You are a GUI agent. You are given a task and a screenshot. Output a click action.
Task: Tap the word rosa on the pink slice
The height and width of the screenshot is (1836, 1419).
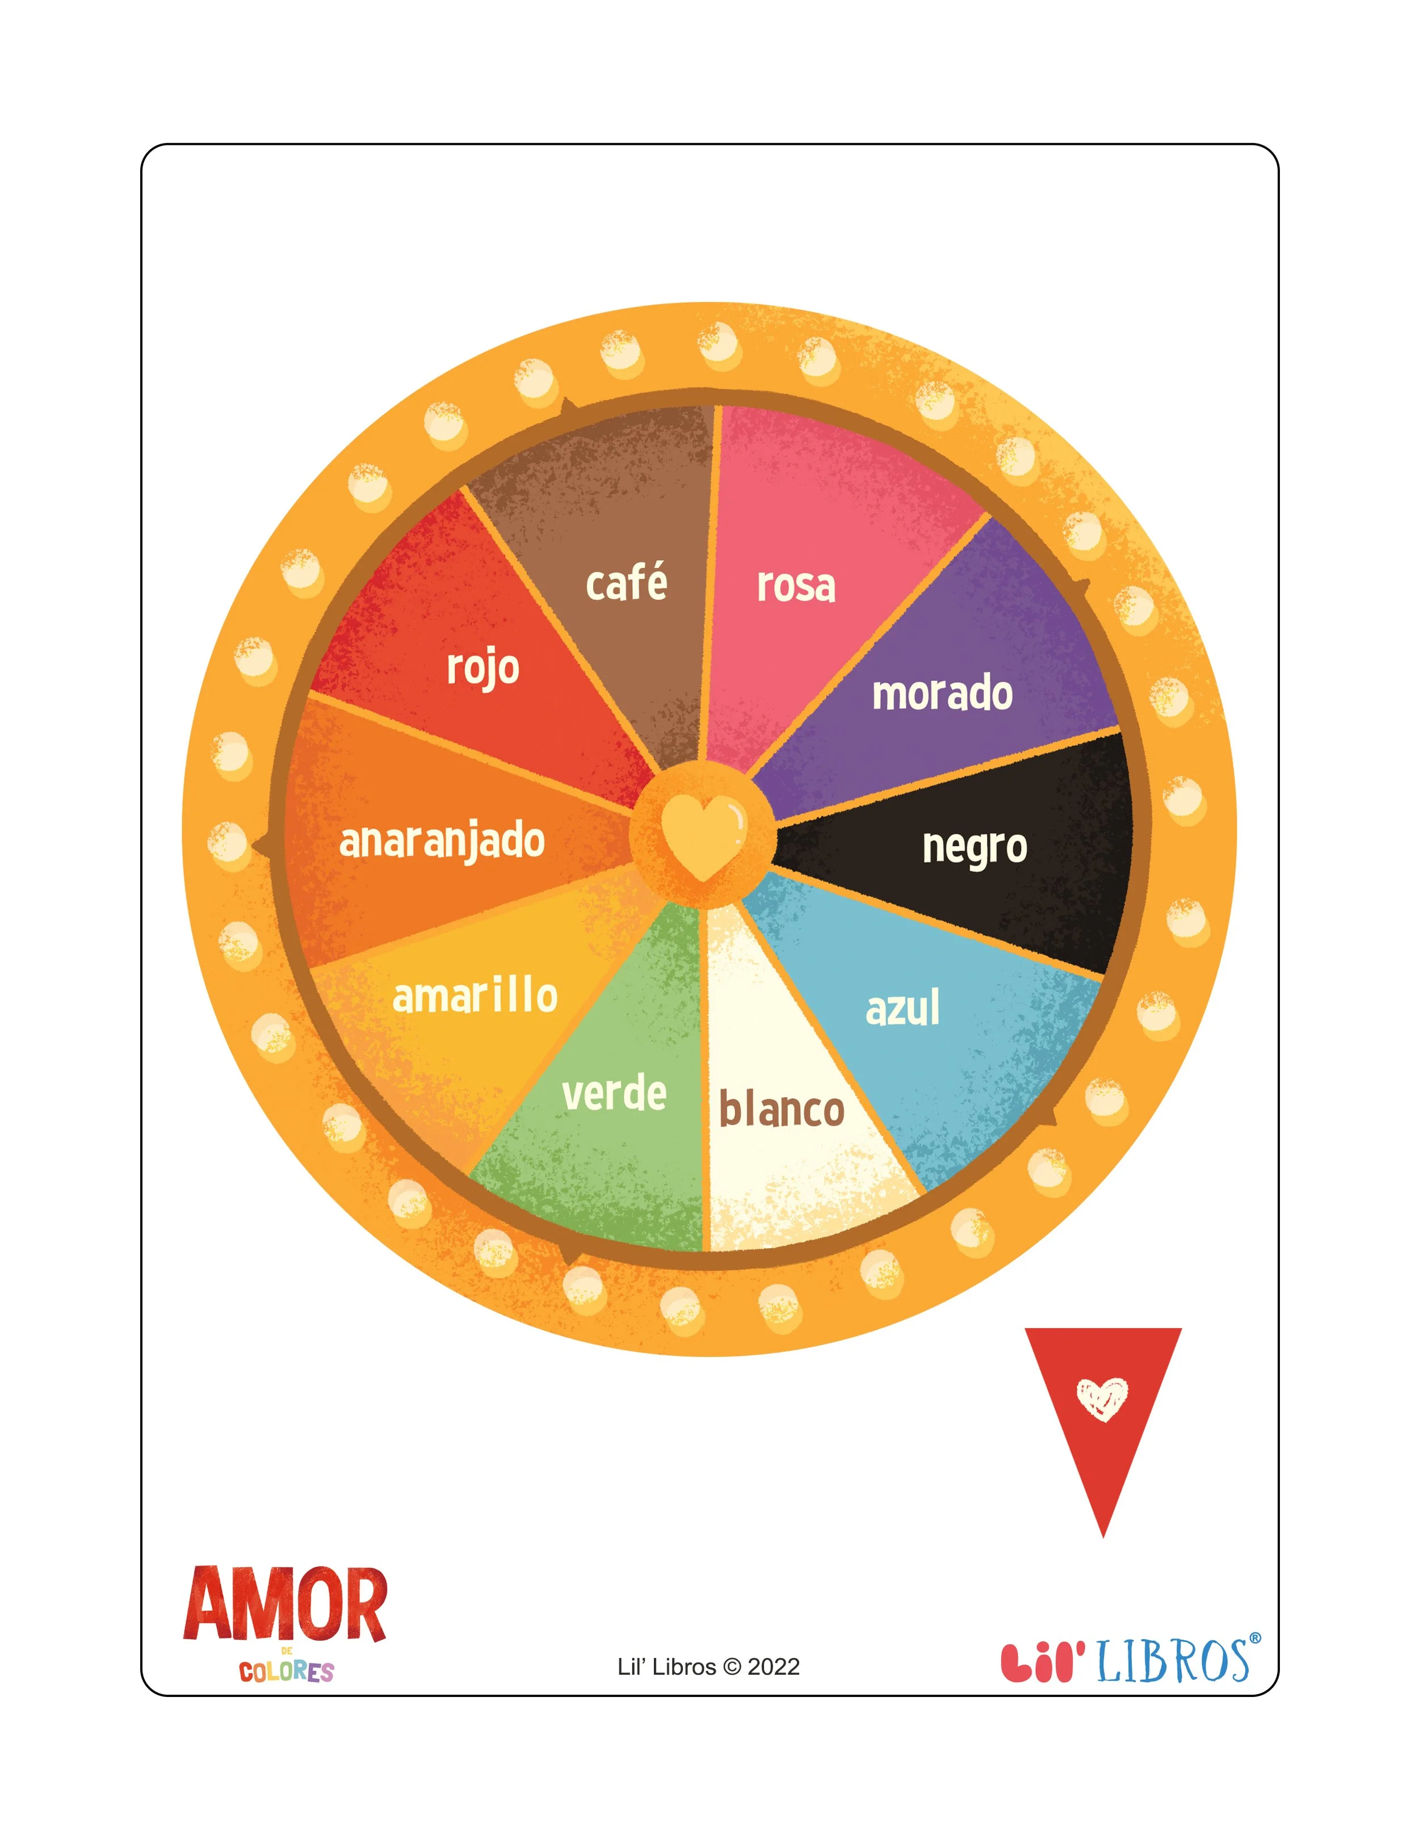(x=796, y=586)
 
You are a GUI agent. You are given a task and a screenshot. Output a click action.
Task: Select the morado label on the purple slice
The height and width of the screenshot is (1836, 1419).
(x=942, y=694)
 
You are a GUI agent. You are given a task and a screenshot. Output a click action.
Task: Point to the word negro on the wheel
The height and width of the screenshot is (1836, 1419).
(x=975, y=847)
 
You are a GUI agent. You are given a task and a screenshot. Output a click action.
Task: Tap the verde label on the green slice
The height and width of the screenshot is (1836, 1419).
(x=615, y=1094)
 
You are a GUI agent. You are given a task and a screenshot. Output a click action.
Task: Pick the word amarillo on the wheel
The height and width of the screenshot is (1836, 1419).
(x=475, y=996)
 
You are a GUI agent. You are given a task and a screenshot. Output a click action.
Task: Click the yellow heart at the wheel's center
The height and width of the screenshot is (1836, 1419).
(x=703, y=837)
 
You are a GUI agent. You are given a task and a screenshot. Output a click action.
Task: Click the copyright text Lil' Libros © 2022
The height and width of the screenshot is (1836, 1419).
(x=709, y=1667)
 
